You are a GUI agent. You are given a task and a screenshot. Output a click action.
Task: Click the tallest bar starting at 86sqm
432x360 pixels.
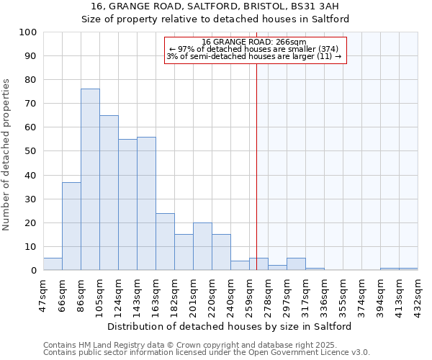click(x=90, y=180)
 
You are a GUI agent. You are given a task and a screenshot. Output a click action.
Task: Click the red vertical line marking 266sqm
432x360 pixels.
click(x=256, y=180)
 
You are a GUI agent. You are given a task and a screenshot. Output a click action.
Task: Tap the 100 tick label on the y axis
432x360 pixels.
click(x=28, y=32)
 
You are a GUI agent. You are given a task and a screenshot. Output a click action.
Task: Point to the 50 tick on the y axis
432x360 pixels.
click(x=31, y=151)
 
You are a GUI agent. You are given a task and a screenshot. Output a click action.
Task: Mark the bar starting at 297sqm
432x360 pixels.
click(x=296, y=264)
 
